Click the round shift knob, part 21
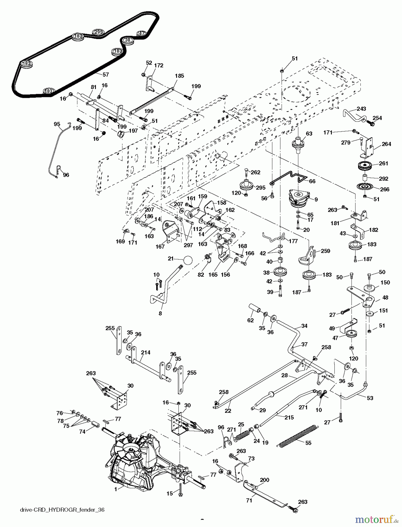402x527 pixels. tap(188, 260)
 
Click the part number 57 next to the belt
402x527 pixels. tap(106, 75)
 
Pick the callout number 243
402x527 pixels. tap(361, 109)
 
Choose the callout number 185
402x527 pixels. tap(179, 76)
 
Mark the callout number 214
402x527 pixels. tap(145, 353)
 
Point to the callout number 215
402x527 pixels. tap(289, 418)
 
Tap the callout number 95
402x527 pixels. tap(57, 124)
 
